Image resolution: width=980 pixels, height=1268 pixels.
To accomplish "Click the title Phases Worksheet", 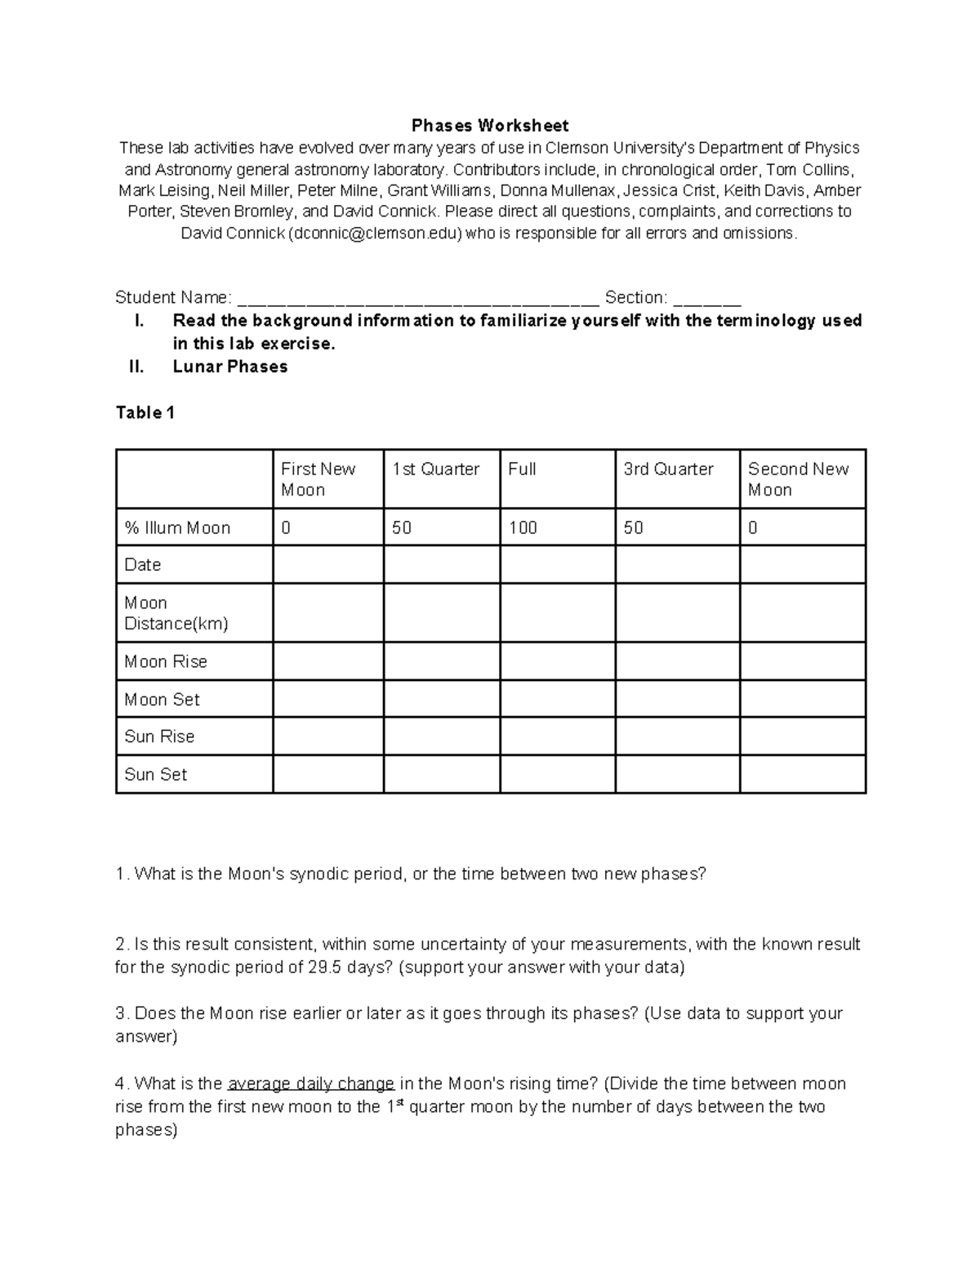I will (490, 126).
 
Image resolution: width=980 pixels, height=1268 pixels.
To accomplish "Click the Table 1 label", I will (145, 413).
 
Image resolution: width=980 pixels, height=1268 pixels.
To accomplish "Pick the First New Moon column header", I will (318, 479).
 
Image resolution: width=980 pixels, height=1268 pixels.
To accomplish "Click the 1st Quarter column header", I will (435, 469).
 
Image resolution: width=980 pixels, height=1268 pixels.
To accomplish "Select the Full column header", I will (522, 469).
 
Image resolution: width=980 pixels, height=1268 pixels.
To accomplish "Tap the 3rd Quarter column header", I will (668, 469).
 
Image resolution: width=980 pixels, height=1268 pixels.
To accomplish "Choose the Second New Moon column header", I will (798, 479).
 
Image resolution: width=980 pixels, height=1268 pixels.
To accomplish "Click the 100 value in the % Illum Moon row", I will (523, 528).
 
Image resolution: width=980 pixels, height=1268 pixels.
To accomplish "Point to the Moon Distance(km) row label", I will (176, 613).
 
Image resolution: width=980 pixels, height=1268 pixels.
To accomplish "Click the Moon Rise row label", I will (166, 661).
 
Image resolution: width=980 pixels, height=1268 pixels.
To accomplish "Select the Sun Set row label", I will (155, 774).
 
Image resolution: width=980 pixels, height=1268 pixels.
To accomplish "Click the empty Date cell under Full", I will (557, 565).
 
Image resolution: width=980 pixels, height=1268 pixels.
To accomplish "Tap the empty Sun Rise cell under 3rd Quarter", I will (677, 736).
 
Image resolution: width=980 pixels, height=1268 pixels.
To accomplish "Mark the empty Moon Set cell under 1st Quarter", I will (441, 699).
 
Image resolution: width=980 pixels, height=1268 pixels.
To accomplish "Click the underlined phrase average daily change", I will (311, 1084).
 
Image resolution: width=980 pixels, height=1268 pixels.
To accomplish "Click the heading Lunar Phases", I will (230, 367).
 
